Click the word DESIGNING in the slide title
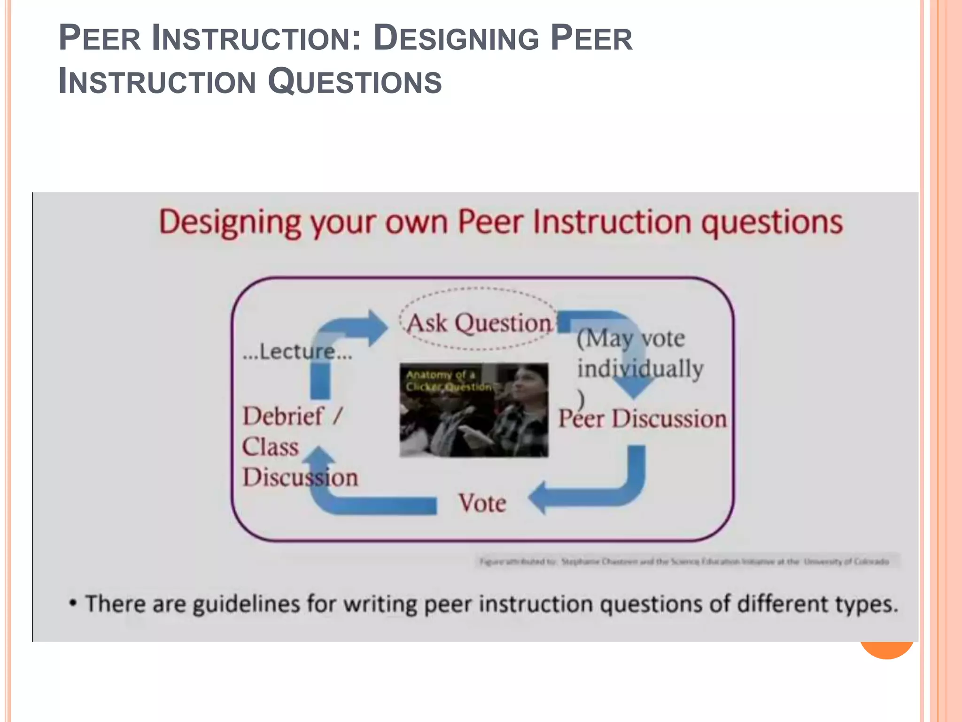coord(456,39)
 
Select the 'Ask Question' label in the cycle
coord(479,323)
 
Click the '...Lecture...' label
coord(297,352)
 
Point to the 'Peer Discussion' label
coord(642,418)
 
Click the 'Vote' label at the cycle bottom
coord(482,503)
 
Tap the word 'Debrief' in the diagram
coord(283,416)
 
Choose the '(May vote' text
coord(631,337)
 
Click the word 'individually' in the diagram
coord(640,368)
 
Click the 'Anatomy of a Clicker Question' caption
coord(447,380)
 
